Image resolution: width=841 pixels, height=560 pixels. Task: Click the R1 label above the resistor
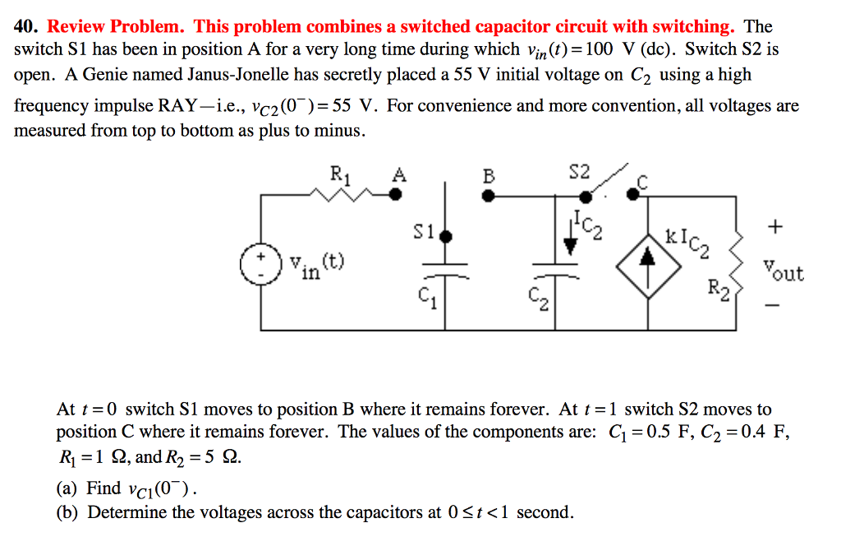coord(338,174)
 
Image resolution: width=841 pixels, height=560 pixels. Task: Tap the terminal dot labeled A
coord(395,195)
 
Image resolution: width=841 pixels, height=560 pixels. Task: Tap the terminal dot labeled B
coord(488,196)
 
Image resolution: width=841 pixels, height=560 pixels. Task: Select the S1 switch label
coord(423,233)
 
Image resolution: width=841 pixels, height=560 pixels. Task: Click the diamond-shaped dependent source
coord(649,258)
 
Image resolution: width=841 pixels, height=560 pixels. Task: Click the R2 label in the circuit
coord(717,289)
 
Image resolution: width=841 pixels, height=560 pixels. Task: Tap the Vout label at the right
coord(783,271)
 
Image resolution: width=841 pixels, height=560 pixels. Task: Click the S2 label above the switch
coord(579,172)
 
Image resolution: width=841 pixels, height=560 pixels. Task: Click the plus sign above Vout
coord(776,225)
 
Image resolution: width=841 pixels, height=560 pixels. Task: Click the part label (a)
coord(68,488)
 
